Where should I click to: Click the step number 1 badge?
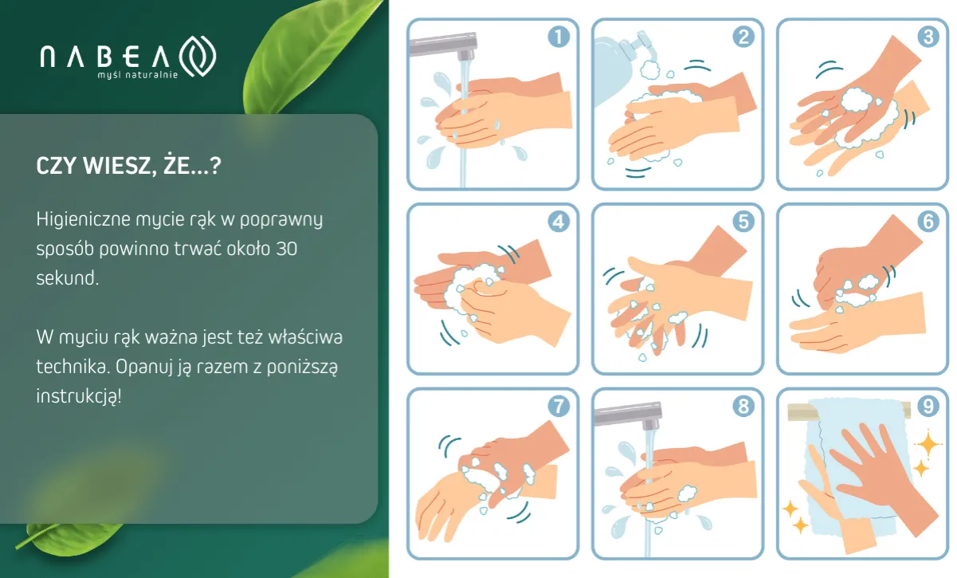point(559,37)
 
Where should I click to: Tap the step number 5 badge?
point(743,222)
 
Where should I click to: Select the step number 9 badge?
point(928,406)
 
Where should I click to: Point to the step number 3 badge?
point(928,37)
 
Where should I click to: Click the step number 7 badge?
point(559,406)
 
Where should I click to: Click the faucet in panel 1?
point(445,45)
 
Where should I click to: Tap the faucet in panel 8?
point(630,415)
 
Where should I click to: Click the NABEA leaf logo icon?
point(198,56)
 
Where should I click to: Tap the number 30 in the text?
point(286,249)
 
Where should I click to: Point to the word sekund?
point(68,278)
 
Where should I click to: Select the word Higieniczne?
point(84,219)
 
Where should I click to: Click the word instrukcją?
point(79,396)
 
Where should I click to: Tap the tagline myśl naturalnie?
point(138,75)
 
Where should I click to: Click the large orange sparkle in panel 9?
point(928,445)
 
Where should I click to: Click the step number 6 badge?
point(928,222)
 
